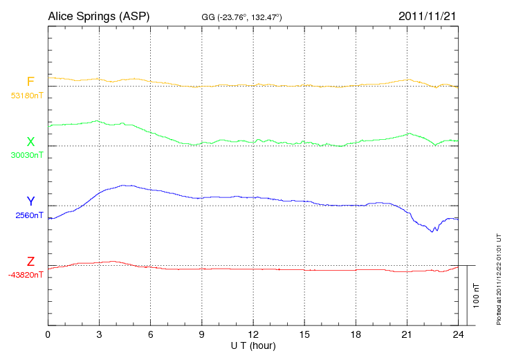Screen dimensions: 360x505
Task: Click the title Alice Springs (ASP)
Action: point(98,16)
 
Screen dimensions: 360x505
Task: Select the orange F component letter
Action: point(30,82)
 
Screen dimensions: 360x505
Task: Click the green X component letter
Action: point(30,141)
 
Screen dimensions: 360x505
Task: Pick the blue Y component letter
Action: point(30,201)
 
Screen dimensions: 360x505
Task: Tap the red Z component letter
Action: point(30,261)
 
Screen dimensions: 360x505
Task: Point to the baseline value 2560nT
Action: point(29,215)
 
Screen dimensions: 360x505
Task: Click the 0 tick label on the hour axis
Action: point(48,334)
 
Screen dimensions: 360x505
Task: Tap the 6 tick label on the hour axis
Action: point(151,334)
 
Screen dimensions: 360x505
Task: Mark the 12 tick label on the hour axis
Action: point(253,334)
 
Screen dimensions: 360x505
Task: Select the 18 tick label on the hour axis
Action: point(356,334)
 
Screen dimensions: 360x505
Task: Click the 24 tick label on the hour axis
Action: point(458,334)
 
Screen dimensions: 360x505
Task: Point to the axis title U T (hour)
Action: point(253,345)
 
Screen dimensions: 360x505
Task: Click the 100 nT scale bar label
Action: point(477,296)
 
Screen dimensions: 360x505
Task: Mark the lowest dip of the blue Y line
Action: point(433,231)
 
